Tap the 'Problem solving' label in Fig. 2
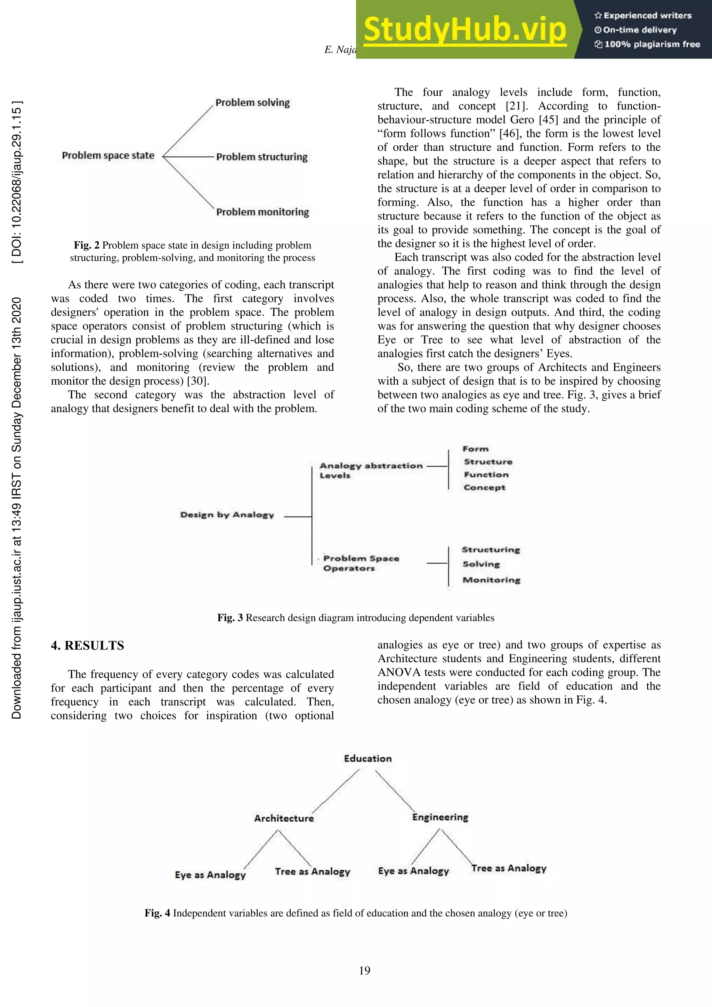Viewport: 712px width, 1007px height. point(252,103)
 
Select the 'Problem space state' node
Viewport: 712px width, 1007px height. point(108,156)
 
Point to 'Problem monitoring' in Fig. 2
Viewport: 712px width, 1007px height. point(262,212)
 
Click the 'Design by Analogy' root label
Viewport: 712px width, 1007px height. point(227,515)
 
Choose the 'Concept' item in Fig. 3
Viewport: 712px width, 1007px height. point(484,488)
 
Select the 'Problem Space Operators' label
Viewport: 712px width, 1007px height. point(361,563)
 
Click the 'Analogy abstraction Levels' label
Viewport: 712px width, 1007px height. point(371,470)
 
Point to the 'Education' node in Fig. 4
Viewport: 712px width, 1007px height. point(367,759)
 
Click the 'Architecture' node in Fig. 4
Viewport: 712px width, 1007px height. point(284,819)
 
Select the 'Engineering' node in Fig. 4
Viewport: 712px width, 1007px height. point(440,817)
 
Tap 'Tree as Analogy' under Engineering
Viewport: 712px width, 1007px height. point(509,868)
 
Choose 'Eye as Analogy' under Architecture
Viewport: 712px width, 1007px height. point(210,875)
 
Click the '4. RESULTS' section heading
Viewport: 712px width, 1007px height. point(87,646)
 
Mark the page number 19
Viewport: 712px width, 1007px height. point(364,970)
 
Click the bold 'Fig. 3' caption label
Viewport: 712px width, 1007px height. point(230,618)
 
